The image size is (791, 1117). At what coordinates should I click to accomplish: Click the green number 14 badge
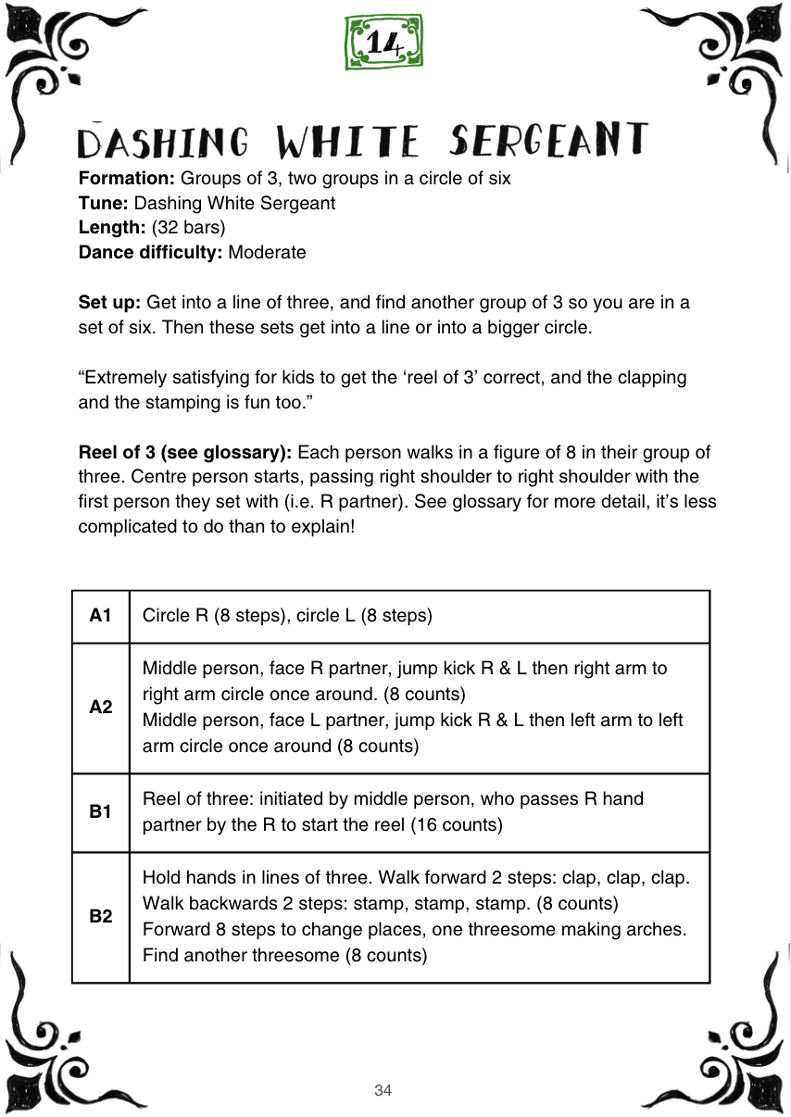point(383,42)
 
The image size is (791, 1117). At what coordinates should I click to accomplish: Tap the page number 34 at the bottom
point(383,1090)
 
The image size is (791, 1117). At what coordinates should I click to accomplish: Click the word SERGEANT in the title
point(547,140)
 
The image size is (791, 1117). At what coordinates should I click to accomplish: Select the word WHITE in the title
point(347,142)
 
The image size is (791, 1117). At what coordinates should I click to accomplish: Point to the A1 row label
point(101,616)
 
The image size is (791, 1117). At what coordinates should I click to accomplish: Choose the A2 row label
point(101,707)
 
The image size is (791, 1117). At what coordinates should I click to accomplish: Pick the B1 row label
point(101,811)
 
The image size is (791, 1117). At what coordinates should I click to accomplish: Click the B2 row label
point(101,916)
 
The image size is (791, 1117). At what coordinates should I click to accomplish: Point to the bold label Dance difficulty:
point(151,252)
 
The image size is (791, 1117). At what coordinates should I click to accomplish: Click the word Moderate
point(267,252)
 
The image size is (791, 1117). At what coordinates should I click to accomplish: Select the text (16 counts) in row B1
point(456,824)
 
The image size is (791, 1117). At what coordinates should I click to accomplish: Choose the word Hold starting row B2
point(160,877)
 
